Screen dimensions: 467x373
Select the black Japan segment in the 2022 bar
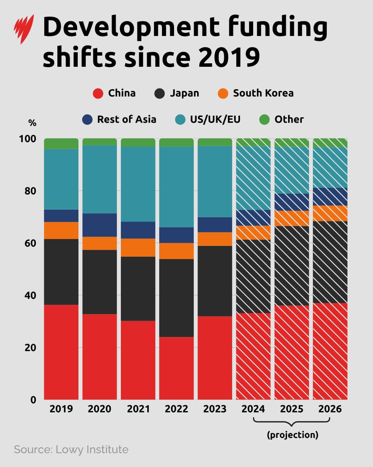pyautogui.click(x=176, y=298)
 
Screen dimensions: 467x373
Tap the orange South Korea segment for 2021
pyautogui.click(x=138, y=247)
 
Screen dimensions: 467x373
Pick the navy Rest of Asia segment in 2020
pyautogui.click(x=99, y=225)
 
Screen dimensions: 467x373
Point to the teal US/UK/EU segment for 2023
pyautogui.click(x=214, y=181)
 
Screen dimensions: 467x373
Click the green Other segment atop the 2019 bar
pyautogui.click(x=61, y=144)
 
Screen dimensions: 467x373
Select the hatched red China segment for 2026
pyautogui.click(x=330, y=351)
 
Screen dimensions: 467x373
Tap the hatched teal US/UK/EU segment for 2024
pyautogui.click(x=253, y=178)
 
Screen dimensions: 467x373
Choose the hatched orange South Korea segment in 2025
pyautogui.click(x=291, y=218)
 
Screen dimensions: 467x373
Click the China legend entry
pyautogui.click(x=114, y=93)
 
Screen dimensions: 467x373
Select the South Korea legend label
pyautogui.click(x=263, y=93)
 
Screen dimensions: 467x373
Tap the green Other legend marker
pyautogui.click(x=264, y=120)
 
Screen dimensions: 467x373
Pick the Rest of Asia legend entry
pyautogui.click(x=119, y=119)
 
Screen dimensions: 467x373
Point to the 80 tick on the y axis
pyautogui.click(x=30, y=191)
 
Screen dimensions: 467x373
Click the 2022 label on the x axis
pyautogui.click(x=176, y=409)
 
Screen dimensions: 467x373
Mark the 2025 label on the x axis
pyautogui.click(x=291, y=409)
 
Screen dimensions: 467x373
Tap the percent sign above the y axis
pyautogui.click(x=32, y=123)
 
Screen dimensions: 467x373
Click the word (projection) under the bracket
pyautogui.click(x=293, y=435)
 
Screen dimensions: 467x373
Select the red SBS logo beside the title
pyautogui.click(x=24, y=29)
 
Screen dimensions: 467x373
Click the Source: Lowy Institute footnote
pyautogui.click(x=71, y=449)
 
